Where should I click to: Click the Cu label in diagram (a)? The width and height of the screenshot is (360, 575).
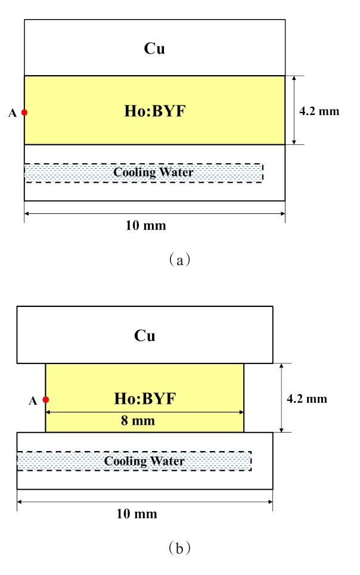[154, 49]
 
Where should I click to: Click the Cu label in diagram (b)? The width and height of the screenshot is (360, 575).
[145, 335]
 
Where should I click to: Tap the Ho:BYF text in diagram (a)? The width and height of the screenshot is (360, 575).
[154, 111]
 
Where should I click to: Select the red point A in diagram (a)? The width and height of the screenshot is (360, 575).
[24, 112]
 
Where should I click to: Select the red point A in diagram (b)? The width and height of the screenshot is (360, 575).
[46, 400]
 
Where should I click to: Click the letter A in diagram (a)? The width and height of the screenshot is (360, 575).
[13, 113]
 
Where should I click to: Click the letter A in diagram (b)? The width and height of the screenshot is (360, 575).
[33, 401]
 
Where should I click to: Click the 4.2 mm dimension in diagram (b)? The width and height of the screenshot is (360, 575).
[308, 399]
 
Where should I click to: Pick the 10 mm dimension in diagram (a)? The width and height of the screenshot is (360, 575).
[154, 225]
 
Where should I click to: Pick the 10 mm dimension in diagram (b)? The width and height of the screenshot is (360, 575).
[145, 514]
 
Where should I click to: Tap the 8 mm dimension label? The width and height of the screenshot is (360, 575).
[145, 421]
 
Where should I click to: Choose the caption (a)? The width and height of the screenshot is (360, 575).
[179, 259]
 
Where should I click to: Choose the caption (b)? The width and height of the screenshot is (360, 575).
[179, 547]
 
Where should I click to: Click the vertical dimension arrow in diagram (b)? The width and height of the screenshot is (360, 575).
[283, 397]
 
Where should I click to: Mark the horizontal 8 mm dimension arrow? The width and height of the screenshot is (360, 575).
[145, 412]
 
